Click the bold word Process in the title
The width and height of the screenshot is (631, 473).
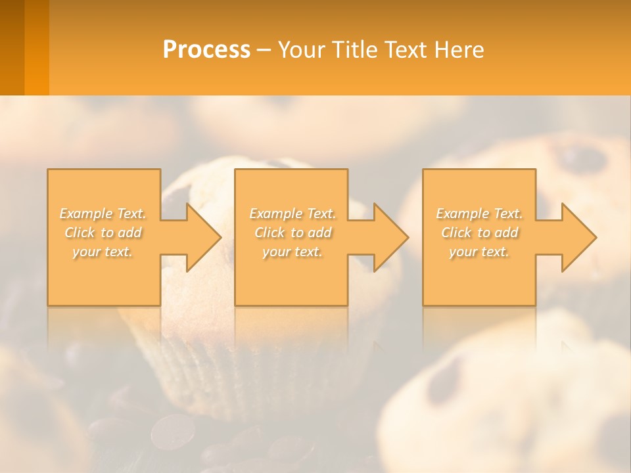coord(206,50)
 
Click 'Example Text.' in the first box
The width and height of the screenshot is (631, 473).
coord(103,214)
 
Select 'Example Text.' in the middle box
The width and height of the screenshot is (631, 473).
coord(292,214)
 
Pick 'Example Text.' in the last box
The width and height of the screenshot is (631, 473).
coord(479,214)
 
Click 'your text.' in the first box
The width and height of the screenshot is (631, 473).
coord(103,252)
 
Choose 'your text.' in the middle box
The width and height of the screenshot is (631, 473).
coord(292,252)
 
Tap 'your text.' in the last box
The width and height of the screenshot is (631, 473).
coord(479,252)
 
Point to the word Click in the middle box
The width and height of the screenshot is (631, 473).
coord(269,233)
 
